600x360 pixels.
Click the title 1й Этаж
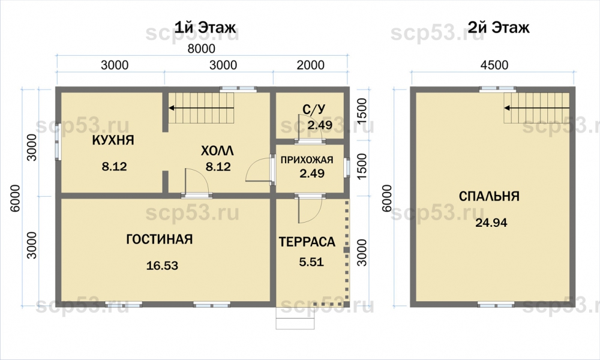[205, 28]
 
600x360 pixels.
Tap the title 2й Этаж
[498, 28]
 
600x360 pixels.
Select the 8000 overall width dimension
[201, 49]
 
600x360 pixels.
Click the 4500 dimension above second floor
[494, 65]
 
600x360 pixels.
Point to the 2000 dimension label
[310, 65]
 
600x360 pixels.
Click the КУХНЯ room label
[113, 140]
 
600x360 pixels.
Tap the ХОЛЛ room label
[217, 151]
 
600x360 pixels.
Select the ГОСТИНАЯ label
[159, 239]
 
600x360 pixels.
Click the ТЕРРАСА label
[307, 242]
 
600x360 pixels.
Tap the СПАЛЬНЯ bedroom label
[489, 196]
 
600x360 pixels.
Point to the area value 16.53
[162, 265]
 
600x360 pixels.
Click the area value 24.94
[491, 222]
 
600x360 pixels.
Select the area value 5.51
[311, 262]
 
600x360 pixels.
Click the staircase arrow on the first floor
[202, 108]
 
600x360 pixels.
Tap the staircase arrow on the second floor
[537, 108]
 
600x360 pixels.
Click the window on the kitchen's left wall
[58, 142]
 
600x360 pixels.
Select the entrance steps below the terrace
[295, 318]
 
